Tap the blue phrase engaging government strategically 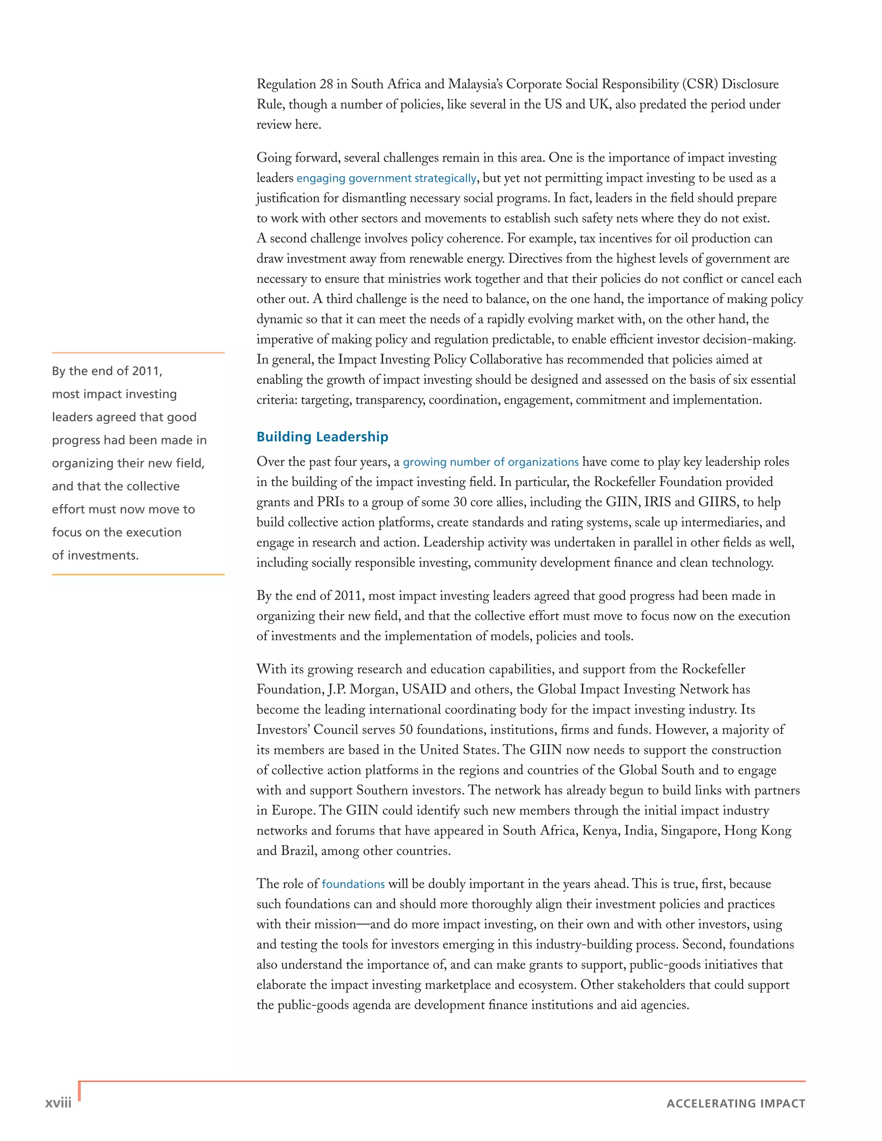[x=386, y=178]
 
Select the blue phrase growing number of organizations [x=490, y=462]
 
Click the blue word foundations [x=353, y=884]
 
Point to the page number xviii [x=58, y=1102]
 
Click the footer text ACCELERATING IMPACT [x=735, y=1104]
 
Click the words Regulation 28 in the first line [x=294, y=84]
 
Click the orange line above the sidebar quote [x=138, y=353]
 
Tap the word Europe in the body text [x=293, y=811]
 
